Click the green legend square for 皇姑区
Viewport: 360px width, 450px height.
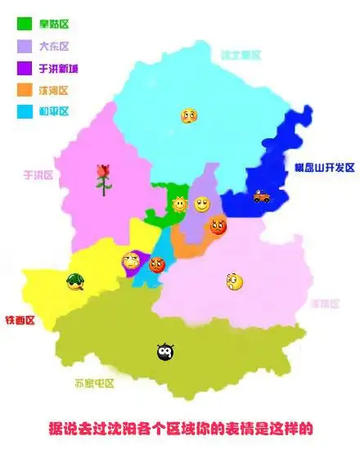[x=25, y=25]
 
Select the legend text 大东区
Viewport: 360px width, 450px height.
[x=54, y=47]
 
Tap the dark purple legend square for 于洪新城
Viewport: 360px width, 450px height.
[x=25, y=68]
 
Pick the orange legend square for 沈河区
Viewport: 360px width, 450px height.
[x=25, y=89]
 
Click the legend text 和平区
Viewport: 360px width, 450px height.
[x=54, y=111]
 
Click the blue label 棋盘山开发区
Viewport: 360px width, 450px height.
[x=325, y=168]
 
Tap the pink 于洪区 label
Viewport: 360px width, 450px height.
[x=38, y=174]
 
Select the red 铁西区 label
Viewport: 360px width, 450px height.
[x=20, y=320]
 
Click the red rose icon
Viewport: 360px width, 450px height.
[x=103, y=178]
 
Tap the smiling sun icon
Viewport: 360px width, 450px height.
[x=179, y=203]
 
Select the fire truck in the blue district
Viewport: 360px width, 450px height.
[x=261, y=196]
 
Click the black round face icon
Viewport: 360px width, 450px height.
[x=164, y=352]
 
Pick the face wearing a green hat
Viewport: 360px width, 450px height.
[x=75, y=282]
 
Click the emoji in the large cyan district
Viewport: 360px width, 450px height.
[x=189, y=116]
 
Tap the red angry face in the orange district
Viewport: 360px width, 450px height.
[x=218, y=225]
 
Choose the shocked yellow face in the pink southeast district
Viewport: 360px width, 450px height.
[x=235, y=281]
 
